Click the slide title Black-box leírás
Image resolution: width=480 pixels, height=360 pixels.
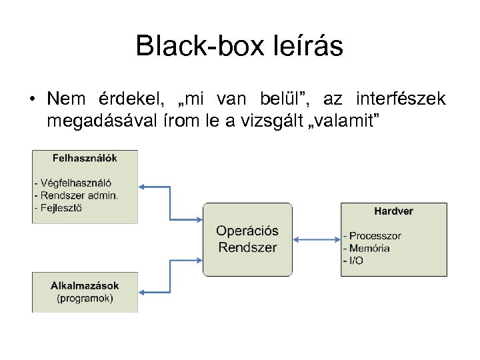pyautogui.click(x=239, y=46)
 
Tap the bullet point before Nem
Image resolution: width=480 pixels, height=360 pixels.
pyautogui.click(x=32, y=99)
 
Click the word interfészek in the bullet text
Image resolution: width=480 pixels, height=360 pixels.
pyautogui.click(x=401, y=99)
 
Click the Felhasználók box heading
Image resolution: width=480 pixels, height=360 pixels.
pyautogui.click(x=85, y=159)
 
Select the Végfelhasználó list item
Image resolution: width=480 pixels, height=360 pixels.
pyautogui.click(x=75, y=183)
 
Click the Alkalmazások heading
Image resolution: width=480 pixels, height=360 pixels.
pyautogui.click(x=85, y=286)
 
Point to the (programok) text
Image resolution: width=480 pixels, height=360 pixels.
pyautogui.click(x=85, y=299)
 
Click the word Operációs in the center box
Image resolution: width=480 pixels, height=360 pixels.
pyautogui.click(x=247, y=231)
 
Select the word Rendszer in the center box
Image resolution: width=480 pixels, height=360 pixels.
pyautogui.click(x=247, y=247)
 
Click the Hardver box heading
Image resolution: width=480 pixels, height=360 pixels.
pyautogui.click(x=393, y=211)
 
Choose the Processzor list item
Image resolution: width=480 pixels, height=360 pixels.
pyautogui.click(x=374, y=235)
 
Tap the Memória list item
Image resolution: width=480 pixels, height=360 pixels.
pyautogui.click(x=369, y=248)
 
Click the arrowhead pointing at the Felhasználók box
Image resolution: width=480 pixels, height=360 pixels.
pyautogui.click(x=143, y=187)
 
